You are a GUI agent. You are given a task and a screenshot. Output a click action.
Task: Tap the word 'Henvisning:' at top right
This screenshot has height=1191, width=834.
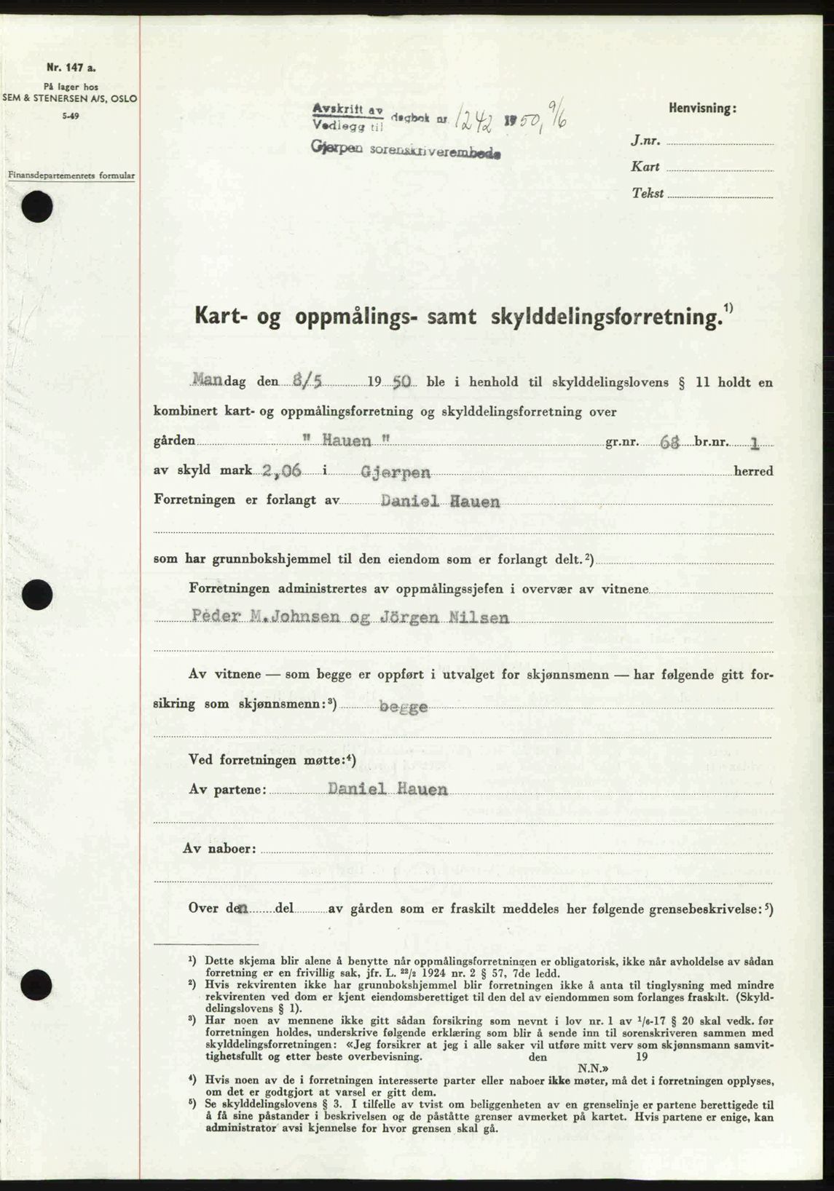click(x=701, y=108)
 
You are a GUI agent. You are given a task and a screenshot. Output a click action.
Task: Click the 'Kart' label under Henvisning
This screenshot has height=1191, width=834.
click(x=646, y=167)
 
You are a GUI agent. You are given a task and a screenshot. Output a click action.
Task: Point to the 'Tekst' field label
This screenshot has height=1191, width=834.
click(x=648, y=193)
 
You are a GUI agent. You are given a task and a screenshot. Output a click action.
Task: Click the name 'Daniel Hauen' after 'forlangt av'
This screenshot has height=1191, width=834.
click(x=440, y=501)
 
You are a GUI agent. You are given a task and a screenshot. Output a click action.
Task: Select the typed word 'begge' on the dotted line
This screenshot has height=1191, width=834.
click(x=401, y=705)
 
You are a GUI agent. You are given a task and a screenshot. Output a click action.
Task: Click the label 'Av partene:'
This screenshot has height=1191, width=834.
click(x=227, y=789)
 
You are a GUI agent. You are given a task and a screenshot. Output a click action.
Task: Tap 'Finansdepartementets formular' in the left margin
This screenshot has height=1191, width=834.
click(x=71, y=175)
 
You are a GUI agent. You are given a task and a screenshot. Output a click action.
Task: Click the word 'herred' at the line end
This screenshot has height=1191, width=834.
click(x=754, y=471)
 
